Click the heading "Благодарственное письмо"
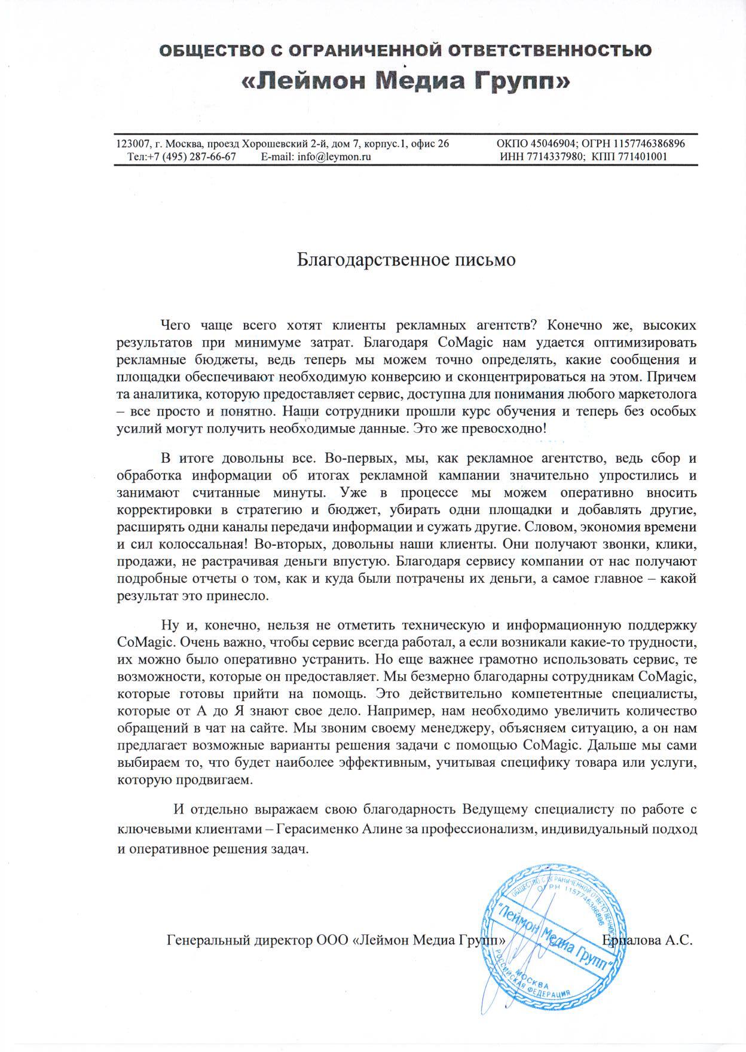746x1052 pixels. [x=406, y=261]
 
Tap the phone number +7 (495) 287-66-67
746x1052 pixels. [x=191, y=157]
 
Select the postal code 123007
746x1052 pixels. [x=133, y=144]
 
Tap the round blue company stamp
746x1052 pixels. [x=550, y=931]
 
